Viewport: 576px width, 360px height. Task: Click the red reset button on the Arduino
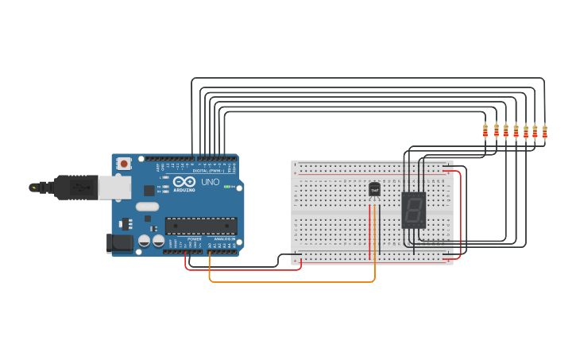pyautogui.click(x=123, y=163)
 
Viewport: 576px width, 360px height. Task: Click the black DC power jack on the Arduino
pyautogui.click(x=118, y=242)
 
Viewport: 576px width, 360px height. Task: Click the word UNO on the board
pyautogui.click(x=211, y=182)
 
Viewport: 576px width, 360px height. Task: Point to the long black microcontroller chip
pyautogui.click(x=200, y=226)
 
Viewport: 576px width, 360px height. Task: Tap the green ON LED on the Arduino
pyautogui.click(x=227, y=188)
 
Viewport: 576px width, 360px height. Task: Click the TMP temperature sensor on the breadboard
pyautogui.click(x=374, y=189)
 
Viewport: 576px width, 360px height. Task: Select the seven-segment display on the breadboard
pyautogui.click(x=414, y=210)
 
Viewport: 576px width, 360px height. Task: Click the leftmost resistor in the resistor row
pyautogui.click(x=485, y=131)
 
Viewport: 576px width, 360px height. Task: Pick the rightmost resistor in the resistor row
pyautogui.click(x=544, y=131)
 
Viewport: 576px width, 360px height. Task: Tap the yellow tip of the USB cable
pyautogui.click(x=33, y=188)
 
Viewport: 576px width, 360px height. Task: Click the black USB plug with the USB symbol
pyautogui.click(x=79, y=188)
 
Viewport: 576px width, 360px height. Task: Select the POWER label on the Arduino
pyautogui.click(x=194, y=238)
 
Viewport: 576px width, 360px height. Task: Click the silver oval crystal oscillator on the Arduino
pyautogui.click(x=147, y=207)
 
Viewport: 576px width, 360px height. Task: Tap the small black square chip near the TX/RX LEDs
pyautogui.click(x=149, y=190)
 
